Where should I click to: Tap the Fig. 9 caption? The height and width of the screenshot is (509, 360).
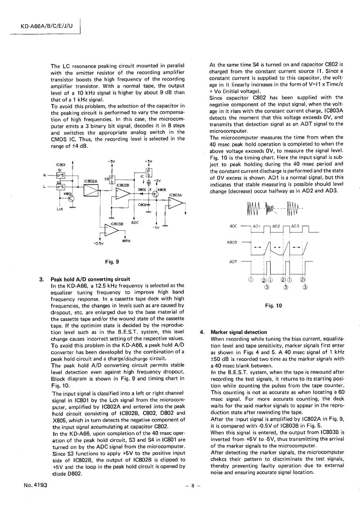(x=112, y=262)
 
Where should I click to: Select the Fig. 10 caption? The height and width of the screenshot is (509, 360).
(x=273, y=305)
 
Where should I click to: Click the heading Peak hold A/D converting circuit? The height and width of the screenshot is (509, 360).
(x=90, y=279)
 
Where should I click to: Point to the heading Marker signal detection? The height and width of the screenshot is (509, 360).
(x=239, y=332)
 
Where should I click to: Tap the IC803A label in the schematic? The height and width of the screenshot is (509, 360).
(x=176, y=195)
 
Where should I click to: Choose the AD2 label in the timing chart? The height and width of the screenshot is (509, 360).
(x=276, y=226)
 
